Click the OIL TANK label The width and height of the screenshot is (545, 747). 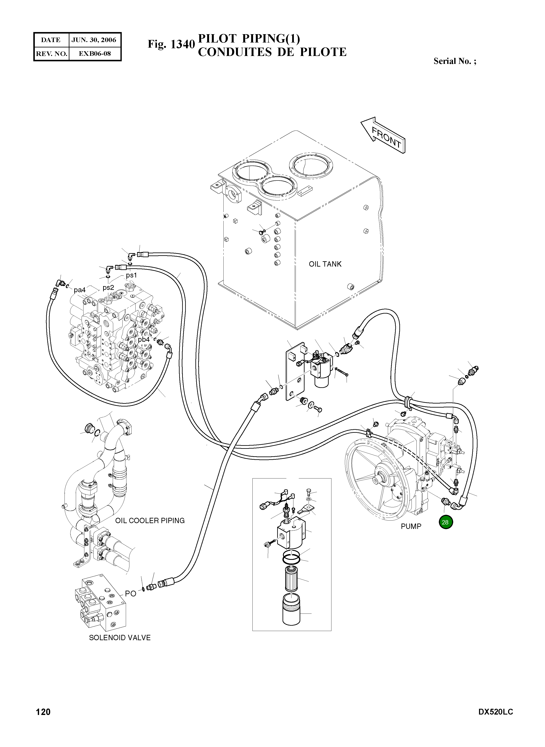325,264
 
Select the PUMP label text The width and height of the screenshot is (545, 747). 411,527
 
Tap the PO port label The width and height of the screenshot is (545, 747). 131,594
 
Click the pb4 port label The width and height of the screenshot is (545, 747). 144,339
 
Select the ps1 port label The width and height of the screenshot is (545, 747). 131,275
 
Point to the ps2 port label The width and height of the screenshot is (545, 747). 108,287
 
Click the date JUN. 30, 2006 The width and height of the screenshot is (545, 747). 94,40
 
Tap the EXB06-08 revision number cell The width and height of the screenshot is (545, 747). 94,53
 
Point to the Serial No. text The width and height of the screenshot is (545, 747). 455,61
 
